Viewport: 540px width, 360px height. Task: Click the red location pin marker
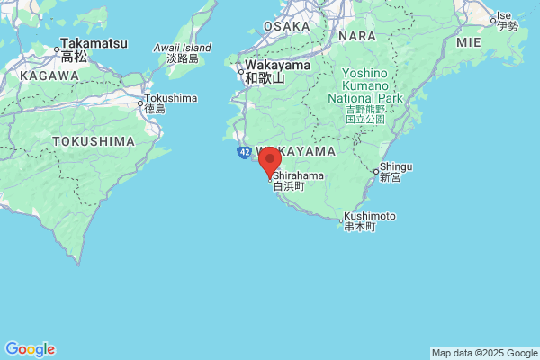point(269,163)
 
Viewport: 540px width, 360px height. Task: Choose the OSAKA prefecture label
point(287,26)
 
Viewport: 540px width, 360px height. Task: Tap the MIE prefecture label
point(469,41)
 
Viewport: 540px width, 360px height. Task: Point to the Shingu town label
point(396,166)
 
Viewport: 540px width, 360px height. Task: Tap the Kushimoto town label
point(369,217)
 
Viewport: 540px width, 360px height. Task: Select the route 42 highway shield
point(245,153)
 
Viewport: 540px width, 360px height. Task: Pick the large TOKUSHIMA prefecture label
point(93,141)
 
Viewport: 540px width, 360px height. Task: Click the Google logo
point(30,349)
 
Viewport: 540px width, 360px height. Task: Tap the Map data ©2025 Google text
point(483,353)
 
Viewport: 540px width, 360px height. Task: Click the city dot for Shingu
point(375,171)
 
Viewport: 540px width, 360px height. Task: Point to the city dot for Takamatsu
point(58,42)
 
